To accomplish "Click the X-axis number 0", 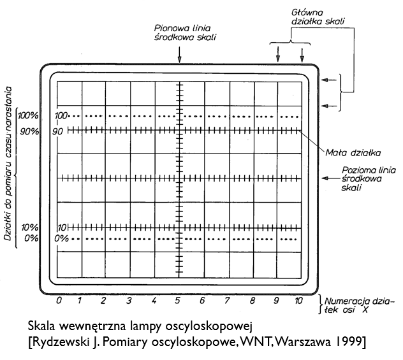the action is point(59,300).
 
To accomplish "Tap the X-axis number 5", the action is point(178,300).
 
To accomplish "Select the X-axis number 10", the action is point(298,300).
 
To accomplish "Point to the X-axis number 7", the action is point(227,300).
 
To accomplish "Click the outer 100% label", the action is point(28,115).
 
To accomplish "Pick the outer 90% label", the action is point(29,131).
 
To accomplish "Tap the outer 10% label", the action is point(29,227).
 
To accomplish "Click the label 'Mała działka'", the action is point(353,153).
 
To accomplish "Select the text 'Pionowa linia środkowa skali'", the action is point(185,32).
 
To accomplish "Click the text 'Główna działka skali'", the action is point(318,17).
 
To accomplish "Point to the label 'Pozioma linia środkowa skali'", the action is point(369,178).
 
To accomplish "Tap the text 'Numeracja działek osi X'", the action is point(359,305).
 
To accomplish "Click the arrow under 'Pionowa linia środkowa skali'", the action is point(179,54).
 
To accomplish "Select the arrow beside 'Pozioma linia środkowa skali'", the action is point(329,178).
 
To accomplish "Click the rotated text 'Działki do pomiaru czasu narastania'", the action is point(8,164).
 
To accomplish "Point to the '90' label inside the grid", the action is point(57,131).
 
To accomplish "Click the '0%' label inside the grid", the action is point(61,239).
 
